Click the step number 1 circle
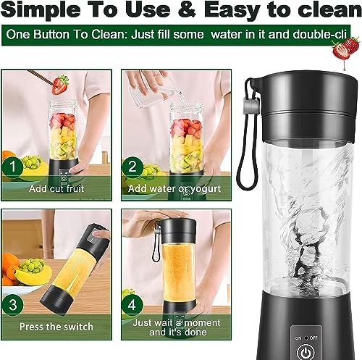coord(12,167)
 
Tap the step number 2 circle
coord(132,167)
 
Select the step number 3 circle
coord(12,304)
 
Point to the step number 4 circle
coord(132,304)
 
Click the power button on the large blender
coord(306,353)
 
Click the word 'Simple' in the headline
coord(41,10)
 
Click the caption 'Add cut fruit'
coord(56,188)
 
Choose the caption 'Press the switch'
coord(56,327)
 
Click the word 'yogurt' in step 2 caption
coord(205,189)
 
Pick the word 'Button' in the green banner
coord(51,34)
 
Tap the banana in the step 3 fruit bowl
coord(33,276)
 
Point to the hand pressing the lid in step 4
coord(154,221)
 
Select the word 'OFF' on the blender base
coord(313,338)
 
